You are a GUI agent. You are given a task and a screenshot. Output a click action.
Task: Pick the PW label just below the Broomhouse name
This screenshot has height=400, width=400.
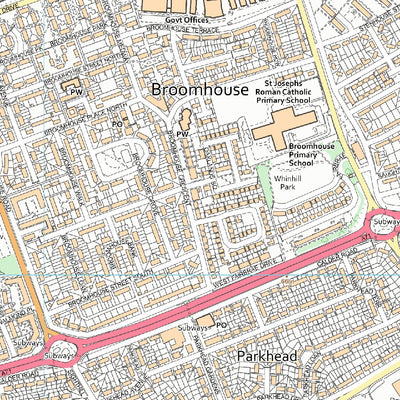[x=182, y=133]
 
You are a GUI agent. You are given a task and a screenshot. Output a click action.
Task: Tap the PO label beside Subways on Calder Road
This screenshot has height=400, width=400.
[x=222, y=325]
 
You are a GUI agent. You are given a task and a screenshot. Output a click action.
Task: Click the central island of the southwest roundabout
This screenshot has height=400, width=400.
[x=57, y=356]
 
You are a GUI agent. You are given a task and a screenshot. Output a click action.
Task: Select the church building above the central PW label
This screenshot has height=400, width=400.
[x=183, y=120]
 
